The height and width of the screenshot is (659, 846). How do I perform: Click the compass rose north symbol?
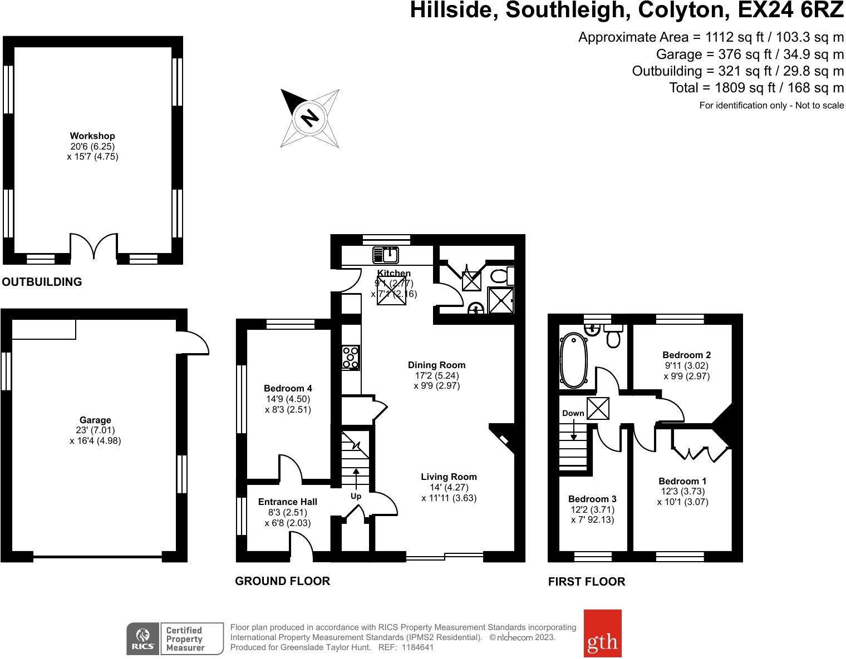click(x=310, y=118)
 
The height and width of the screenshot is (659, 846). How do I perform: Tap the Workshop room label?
click(x=92, y=136)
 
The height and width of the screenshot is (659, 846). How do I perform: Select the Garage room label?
click(x=95, y=420)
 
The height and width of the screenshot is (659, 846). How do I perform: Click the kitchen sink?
click(x=385, y=255)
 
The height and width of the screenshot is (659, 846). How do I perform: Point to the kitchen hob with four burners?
click(x=351, y=358)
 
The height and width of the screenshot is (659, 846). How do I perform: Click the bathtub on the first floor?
click(x=573, y=360)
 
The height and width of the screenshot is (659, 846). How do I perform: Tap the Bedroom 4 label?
click(x=288, y=388)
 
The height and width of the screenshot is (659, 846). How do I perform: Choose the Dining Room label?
click(x=436, y=365)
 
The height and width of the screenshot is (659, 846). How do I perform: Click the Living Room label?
click(x=449, y=477)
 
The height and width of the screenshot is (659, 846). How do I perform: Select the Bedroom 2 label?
click(x=686, y=355)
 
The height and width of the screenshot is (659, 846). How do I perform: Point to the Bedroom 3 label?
click(x=592, y=499)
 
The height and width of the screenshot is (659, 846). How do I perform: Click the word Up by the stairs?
click(x=356, y=497)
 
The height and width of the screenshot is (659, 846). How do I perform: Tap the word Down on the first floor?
click(x=573, y=413)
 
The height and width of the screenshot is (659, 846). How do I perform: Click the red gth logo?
click(x=602, y=633)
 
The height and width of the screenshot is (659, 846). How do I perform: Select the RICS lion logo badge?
click(x=143, y=638)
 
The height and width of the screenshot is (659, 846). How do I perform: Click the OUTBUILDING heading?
click(x=42, y=281)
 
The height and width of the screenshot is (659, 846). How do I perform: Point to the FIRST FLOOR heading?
click(x=586, y=582)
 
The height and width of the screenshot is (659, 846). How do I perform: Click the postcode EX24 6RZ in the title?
click(x=790, y=10)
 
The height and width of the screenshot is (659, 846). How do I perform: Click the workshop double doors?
click(x=94, y=246)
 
